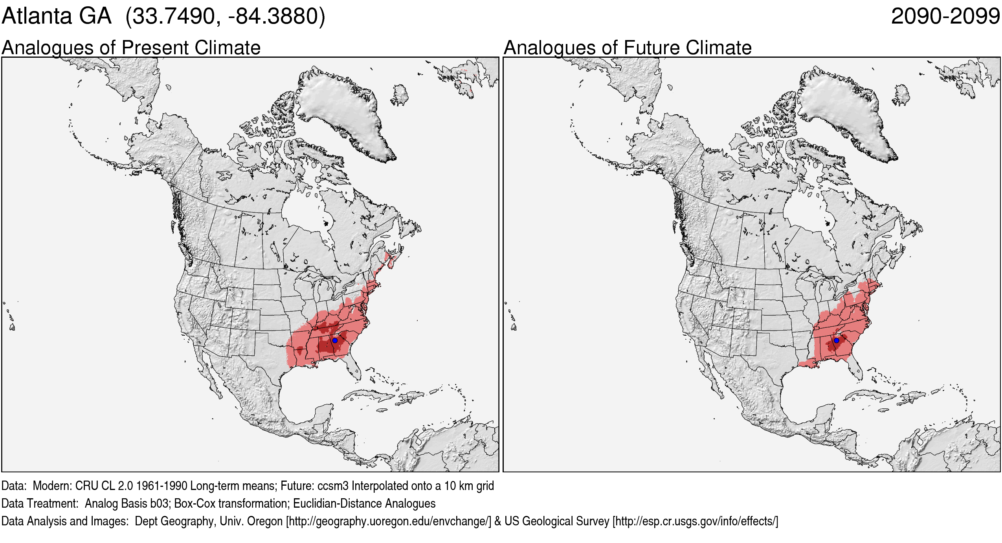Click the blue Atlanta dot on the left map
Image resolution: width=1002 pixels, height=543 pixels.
point(335,340)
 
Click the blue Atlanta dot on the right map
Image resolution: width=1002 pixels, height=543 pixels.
point(837,340)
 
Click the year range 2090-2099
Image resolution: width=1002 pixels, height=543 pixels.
point(945,16)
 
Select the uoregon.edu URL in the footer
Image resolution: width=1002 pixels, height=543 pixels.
point(389,521)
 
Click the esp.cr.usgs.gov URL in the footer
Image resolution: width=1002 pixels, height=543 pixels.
point(695,521)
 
